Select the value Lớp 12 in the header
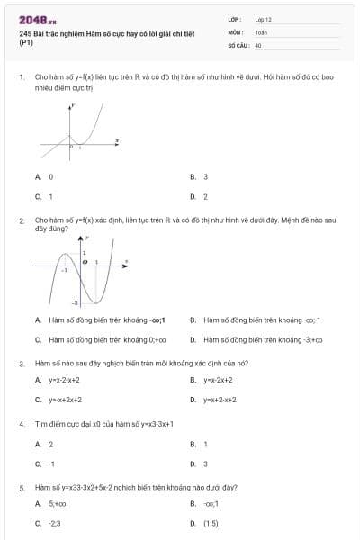point(263,19)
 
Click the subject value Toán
point(261,31)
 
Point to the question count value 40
point(258,44)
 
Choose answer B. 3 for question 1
point(200,177)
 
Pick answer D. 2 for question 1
point(200,195)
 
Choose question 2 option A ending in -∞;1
point(87,319)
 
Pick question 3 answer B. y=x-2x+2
point(211,380)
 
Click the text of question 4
point(103,423)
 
